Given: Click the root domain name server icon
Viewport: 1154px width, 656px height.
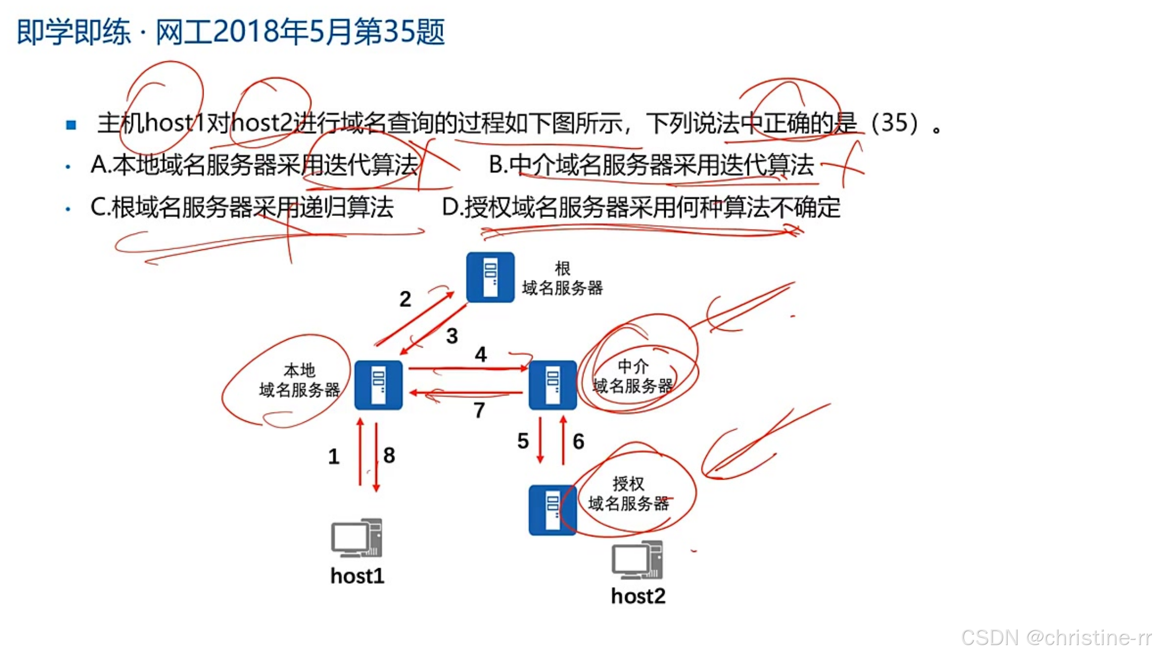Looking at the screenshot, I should (x=490, y=277).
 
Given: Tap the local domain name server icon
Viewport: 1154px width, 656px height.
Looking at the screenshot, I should (x=378, y=385).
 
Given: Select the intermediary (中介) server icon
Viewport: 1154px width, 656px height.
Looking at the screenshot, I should (x=552, y=385).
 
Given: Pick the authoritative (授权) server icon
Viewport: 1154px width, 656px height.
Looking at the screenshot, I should (x=552, y=510).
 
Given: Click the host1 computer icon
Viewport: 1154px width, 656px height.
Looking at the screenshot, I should (x=357, y=537).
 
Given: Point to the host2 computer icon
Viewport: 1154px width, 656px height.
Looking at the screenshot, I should (x=638, y=560).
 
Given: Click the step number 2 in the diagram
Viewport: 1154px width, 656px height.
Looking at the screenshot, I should (x=405, y=299).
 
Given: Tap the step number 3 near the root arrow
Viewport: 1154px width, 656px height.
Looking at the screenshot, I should (x=452, y=336).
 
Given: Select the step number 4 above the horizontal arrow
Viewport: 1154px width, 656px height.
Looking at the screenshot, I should (x=480, y=355).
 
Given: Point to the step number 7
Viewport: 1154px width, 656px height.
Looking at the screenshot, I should (x=479, y=410).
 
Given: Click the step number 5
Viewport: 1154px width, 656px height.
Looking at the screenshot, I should (x=523, y=441).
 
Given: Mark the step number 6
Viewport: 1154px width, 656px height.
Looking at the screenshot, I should (x=578, y=442).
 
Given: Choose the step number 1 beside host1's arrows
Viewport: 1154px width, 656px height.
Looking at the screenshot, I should (x=334, y=457).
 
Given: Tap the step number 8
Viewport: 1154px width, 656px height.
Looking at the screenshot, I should (x=389, y=456).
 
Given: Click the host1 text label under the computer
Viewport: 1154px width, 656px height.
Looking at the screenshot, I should (x=358, y=576).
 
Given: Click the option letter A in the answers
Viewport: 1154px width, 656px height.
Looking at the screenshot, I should (x=98, y=164).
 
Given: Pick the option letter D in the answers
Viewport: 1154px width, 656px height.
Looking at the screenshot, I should (x=450, y=207).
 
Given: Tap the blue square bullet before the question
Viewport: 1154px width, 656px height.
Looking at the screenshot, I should (x=71, y=125).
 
